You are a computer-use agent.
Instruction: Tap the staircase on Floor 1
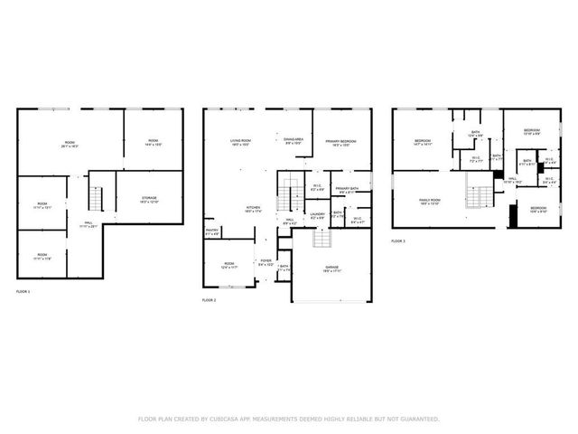pos(97,196)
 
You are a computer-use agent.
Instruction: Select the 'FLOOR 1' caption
pos(23,292)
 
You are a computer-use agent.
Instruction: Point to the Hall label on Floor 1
pos(89,224)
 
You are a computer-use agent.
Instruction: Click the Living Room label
pos(240,142)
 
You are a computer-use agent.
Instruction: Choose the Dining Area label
pos(294,140)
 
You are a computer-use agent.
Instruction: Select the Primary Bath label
pos(349,191)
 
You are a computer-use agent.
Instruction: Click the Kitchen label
pos(254,209)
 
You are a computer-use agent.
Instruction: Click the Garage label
pos(332,269)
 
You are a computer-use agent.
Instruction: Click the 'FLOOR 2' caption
pos(210,299)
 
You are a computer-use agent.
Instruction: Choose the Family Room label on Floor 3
pos(429,202)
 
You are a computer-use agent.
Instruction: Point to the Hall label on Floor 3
pos(512,181)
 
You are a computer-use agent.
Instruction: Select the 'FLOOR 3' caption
pos(398,241)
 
